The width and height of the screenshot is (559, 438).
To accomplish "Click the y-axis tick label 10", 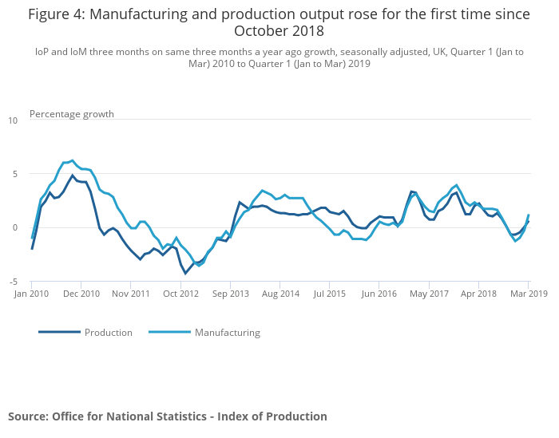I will pos(12,120).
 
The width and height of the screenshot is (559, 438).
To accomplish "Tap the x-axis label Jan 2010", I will pos(31,294).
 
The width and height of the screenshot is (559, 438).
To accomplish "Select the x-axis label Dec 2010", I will pos(81,294).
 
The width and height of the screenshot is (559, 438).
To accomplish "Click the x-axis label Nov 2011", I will pos(131,294).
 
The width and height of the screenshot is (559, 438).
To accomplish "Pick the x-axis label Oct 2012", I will pos(180,294).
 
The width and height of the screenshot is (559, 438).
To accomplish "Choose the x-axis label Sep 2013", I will pos(230,294).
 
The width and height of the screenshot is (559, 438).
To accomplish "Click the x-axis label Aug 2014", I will pos(280,294).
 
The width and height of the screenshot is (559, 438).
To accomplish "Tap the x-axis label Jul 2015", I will pos(330,294).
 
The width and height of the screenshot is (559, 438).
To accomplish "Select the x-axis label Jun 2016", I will pos(379,294).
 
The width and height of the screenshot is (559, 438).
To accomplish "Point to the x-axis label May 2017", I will pos(429,294).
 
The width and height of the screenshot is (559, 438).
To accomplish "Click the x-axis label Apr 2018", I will pos(478,294).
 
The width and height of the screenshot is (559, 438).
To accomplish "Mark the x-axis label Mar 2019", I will pos(528,294).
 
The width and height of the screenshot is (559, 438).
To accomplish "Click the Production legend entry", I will pos(108,333).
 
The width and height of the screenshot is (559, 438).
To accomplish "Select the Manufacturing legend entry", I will pos(227,333).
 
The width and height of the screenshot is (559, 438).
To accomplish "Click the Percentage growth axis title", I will pos(72,114).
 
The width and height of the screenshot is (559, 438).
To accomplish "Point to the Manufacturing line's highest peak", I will pos(72,160).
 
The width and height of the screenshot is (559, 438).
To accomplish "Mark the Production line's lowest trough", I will pos(185,274).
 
